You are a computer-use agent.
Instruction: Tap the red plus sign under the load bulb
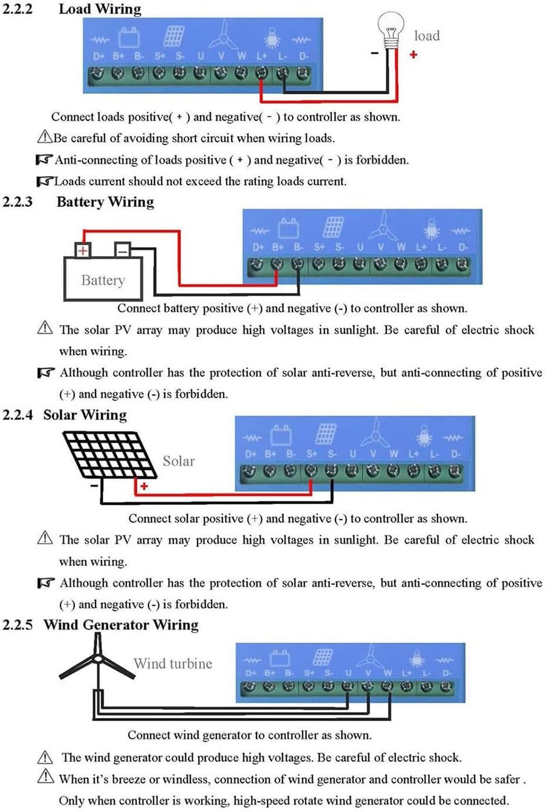click(413, 54)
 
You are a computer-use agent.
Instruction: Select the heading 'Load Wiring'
click(100, 9)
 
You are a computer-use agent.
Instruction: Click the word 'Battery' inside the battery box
click(103, 280)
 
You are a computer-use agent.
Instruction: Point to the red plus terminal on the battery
click(83, 250)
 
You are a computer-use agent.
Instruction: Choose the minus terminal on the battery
click(122, 250)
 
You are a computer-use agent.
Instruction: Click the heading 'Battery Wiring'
click(105, 202)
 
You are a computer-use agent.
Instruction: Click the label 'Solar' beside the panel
click(178, 461)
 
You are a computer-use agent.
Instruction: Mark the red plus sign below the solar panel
click(144, 486)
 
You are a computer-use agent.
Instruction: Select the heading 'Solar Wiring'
click(85, 415)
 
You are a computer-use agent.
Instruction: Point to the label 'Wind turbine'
click(173, 663)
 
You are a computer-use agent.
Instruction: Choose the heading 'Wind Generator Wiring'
click(121, 624)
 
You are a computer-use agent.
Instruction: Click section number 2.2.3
click(18, 202)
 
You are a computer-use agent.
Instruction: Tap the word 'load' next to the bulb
click(427, 36)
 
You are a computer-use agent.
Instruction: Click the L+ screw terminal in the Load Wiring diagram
click(261, 73)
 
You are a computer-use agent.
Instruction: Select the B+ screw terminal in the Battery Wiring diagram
click(277, 265)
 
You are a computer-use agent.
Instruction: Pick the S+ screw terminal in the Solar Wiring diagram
click(311, 471)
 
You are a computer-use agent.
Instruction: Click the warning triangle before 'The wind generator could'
click(45, 757)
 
